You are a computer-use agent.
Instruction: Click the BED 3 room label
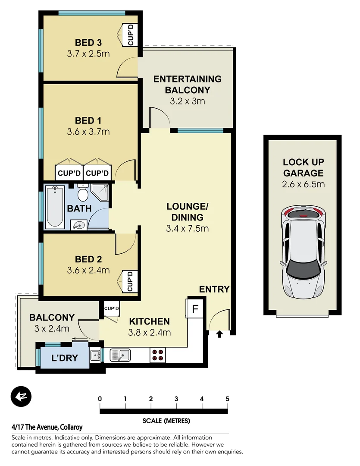tap(88, 43)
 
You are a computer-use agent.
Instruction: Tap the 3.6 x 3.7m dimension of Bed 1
tap(88, 132)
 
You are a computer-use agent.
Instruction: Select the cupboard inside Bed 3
tap(130, 35)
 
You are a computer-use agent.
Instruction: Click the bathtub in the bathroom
tap(55, 207)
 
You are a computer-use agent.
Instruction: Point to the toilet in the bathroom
tap(83, 193)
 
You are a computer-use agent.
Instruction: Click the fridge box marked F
tap(195, 309)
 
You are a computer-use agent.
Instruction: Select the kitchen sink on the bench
tap(120, 355)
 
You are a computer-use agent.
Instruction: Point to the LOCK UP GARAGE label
tap(303, 168)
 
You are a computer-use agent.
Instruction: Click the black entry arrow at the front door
tap(219, 334)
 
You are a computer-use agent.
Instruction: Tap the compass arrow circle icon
tap(21, 396)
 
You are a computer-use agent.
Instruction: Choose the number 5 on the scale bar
tap(227, 399)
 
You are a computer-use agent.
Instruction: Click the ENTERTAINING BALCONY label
tap(187, 85)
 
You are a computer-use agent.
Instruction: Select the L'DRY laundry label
tap(64, 358)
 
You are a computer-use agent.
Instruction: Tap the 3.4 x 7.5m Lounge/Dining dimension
tap(187, 229)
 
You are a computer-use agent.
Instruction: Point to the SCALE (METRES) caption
tap(166, 420)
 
